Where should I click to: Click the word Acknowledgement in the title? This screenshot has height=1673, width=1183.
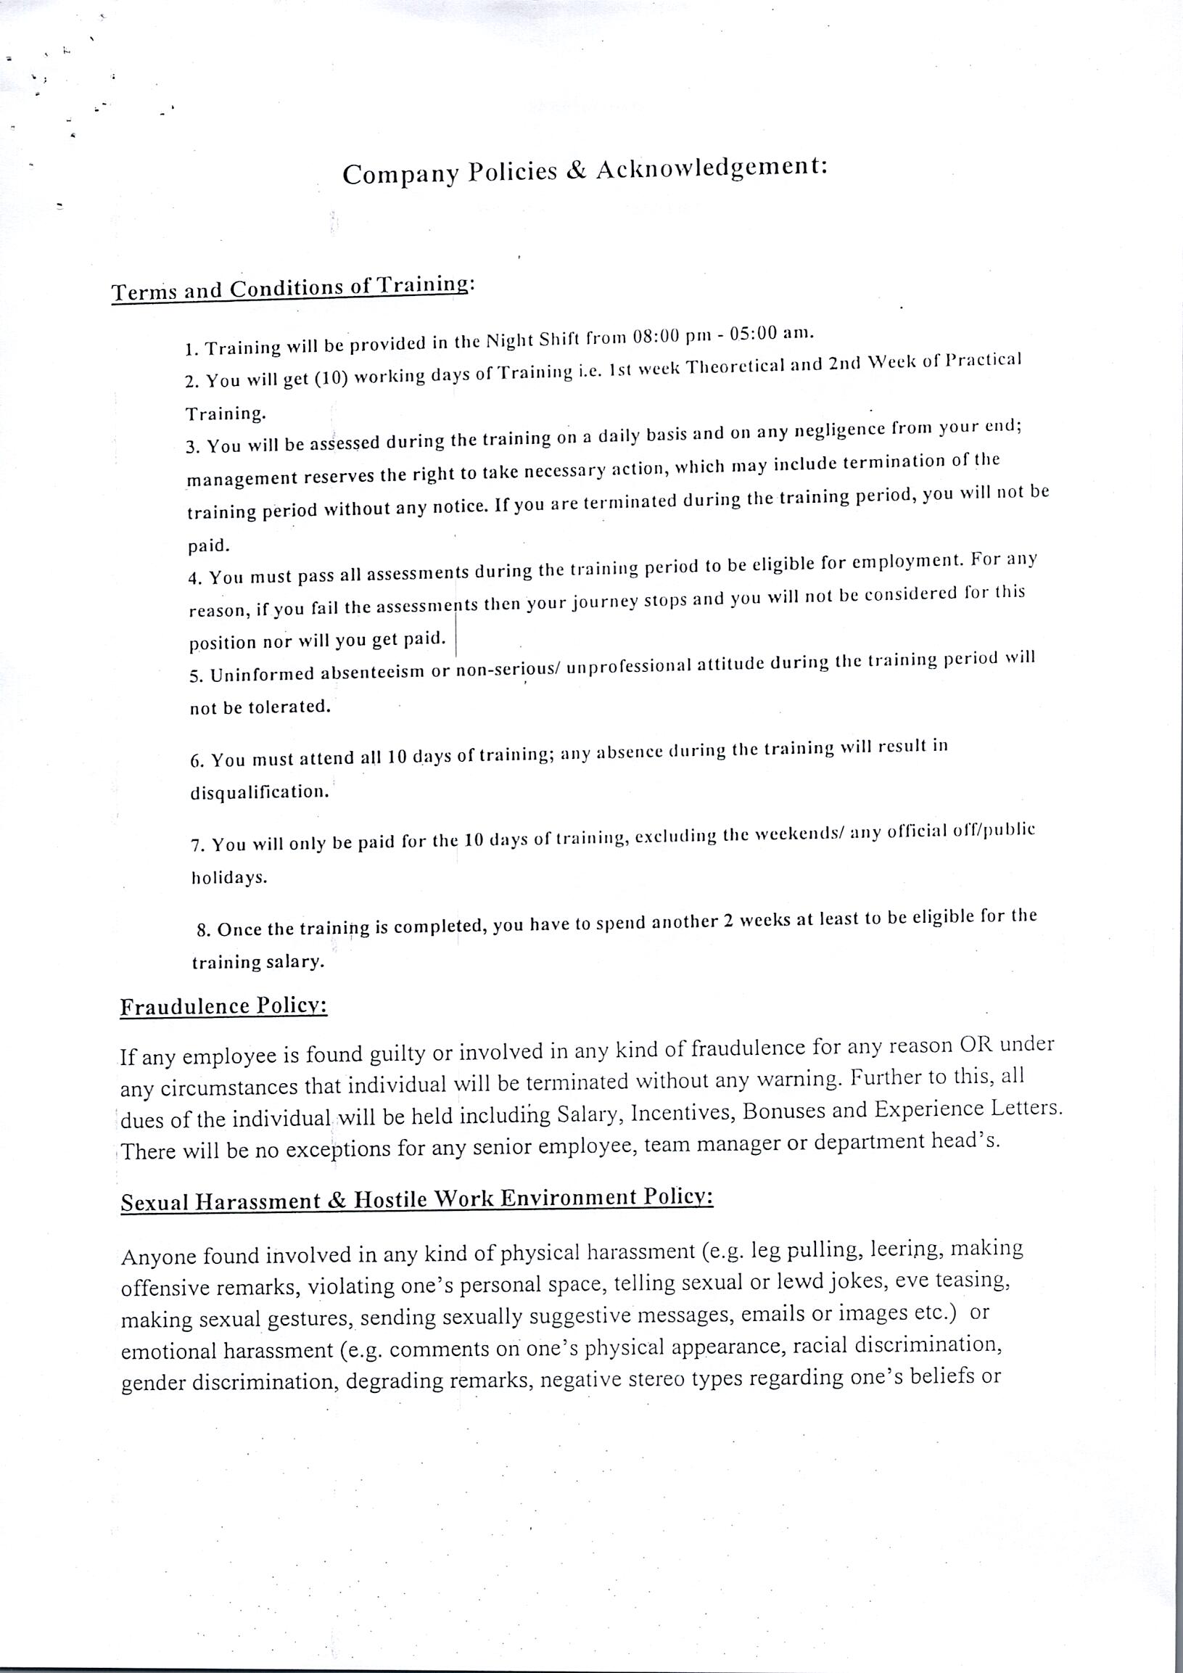[x=712, y=168]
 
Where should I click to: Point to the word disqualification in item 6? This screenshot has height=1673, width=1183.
[x=260, y=792]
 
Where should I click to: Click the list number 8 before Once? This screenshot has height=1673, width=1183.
[x=202, y=932]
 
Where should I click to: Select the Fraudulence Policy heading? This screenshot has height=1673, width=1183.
[x=223, y=1007]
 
